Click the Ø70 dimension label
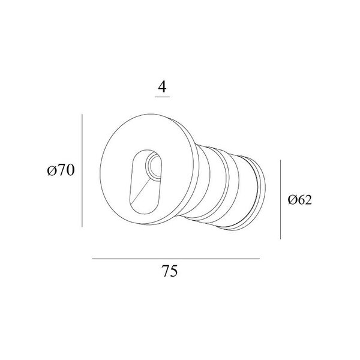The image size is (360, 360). tap(61, 170)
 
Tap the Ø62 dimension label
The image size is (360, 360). tap(300, 200)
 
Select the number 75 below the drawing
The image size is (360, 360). tap(170, 271)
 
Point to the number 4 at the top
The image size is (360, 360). tap(163, 87)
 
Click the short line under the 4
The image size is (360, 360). tap(163, 97)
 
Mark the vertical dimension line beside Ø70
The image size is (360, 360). tap(82, 170)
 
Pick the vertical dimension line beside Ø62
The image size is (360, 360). tap(280, 200)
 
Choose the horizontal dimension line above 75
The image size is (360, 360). tap(176, 259)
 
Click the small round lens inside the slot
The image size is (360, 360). tap(153, 166)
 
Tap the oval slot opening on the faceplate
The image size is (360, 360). tap(146, 182)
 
